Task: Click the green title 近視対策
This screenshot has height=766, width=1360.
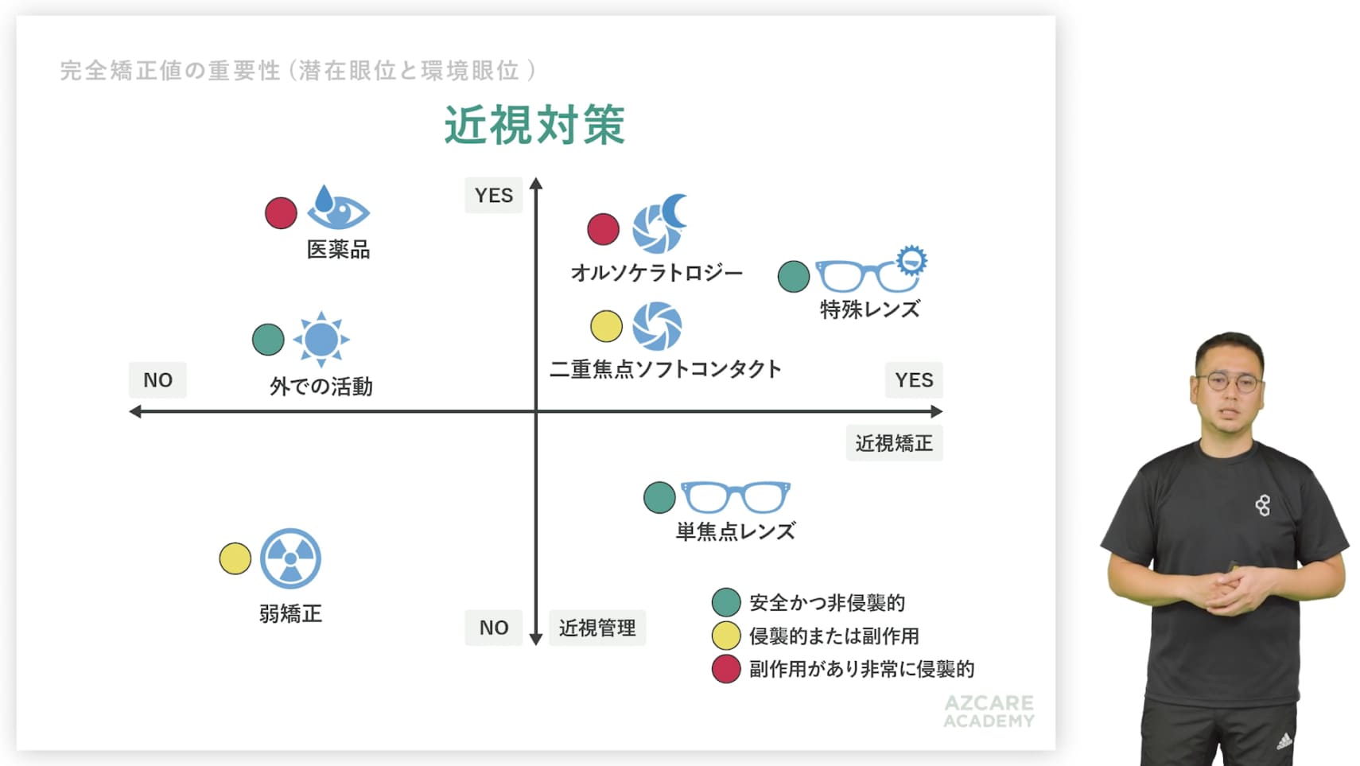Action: pyautogui.click(x=534, y=125)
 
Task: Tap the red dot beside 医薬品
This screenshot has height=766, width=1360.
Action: pyautogui.click(x=281, y=213)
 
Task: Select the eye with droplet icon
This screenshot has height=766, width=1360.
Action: pyautogui.click(x=338, y=207)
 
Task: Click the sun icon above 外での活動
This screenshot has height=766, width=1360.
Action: pyautogui.click(x=321, y=339)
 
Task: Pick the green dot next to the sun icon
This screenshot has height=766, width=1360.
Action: pyautogui.click(x=268, y=339)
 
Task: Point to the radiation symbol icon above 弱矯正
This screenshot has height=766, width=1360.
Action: pyautogui.click(x=291, y=558)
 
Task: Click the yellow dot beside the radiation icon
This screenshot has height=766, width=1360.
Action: pyautogui.click(x=235, y=558)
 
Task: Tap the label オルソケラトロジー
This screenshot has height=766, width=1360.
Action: pyautogui.click(x=657, y=273)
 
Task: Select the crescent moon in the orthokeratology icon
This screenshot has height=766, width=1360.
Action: pyautogui.click(x=674, y=211)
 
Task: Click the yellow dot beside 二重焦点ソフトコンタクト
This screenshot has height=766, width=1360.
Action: pyautogui.click(x=607, y=326)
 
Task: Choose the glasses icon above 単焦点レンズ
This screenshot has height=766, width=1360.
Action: pyautogui.click(x=736, y=497)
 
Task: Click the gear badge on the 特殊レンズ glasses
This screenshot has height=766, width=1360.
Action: pyautogui.click(x=912, y=261)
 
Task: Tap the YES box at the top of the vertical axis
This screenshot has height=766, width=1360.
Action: pyautogui.click(x=494, y=195)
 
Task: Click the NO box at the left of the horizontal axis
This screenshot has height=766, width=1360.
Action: pyautogui.click(x=157, y=380)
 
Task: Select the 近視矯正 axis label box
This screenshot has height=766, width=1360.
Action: pyautogui.click(x=894, y=443)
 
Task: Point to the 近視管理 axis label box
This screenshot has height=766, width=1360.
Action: pyautogui.click(x=597, y=628)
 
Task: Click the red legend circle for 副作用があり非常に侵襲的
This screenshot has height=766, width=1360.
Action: pyautogui.click(x=726, y=669)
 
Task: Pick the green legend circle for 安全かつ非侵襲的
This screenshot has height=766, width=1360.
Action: pyautogui.click(x=726, y=603)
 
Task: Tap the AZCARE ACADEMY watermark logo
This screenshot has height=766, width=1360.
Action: pyautogui.click(x=989, y=711)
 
